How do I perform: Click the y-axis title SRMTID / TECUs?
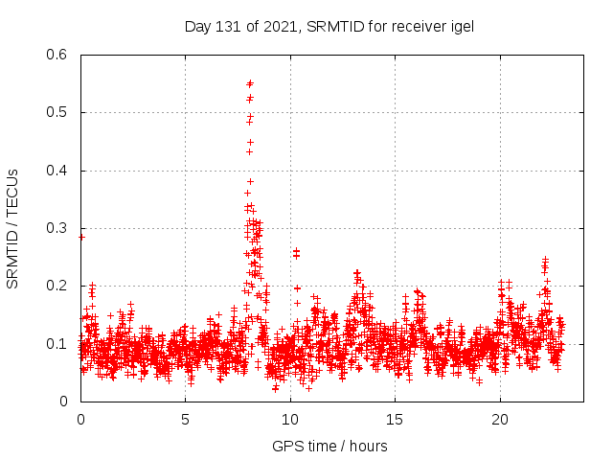[x=13, y=228]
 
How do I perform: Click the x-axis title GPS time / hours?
[x=330, y=446]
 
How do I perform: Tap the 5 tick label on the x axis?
[x=186, y=420]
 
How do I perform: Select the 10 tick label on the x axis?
[x=290, y=420]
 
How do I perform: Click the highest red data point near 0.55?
[x=250, y=83]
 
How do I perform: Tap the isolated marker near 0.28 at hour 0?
[x=81, y=237]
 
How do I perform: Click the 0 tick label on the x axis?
[x=81, y=420]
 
